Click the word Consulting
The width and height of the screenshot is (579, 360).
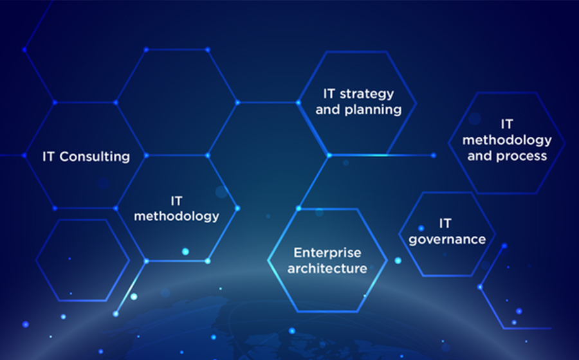pos(95,157)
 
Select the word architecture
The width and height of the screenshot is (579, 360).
pos(327,268)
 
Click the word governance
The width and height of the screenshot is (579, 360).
pos(447,240)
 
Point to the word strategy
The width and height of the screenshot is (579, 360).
pos(366,94)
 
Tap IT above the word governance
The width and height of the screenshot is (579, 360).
pos(445,224)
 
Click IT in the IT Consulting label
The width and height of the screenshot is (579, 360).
pos(48,156)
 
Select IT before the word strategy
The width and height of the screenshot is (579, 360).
pos(329,94)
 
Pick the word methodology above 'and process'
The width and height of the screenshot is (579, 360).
pos(507,140)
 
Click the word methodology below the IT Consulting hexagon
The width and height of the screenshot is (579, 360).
pos(176,216)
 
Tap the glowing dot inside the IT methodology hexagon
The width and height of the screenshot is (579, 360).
pos(185,251)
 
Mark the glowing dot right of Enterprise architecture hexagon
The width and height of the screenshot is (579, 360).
pos(398,260)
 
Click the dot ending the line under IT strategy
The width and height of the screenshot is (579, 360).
pos(434,156)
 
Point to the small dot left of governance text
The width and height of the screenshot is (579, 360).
pos(421,228)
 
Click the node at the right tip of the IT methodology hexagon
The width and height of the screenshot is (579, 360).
pos(237,208)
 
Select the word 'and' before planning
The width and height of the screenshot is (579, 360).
pos(328,109)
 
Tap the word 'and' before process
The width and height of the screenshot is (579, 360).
pos(480,156)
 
